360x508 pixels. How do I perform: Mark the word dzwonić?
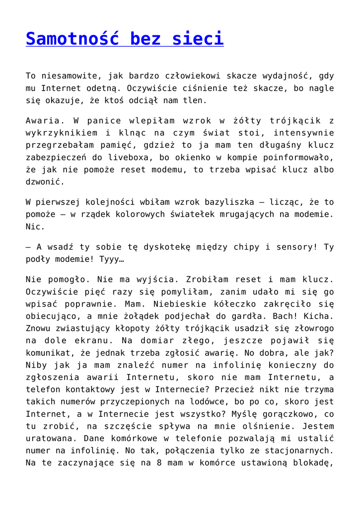(46, 182)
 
